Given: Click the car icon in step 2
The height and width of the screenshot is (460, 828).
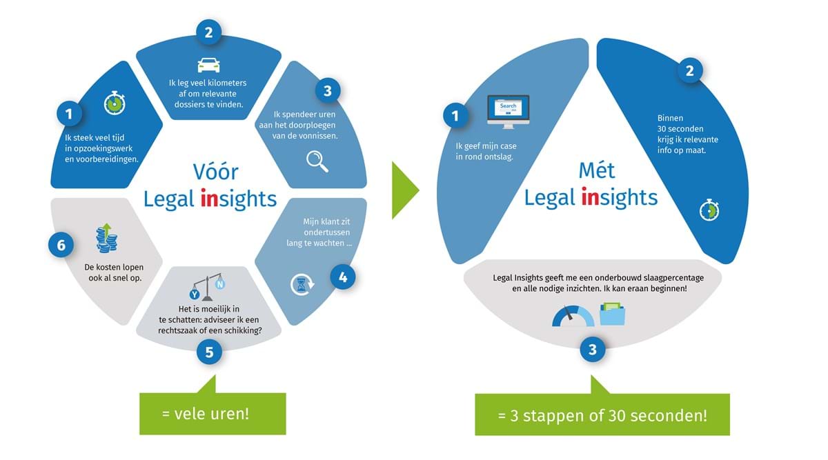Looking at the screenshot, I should [x=208, y=64].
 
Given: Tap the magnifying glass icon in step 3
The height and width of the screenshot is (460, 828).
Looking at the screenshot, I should [x=317, y=161].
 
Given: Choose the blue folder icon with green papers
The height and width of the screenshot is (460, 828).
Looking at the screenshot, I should [x=612, y=314].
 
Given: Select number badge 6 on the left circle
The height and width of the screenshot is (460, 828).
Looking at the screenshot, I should [x=61, y=245].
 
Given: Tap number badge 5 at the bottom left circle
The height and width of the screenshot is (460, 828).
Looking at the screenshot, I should [x=210, y=352].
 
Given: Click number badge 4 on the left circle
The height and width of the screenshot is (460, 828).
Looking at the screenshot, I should [x=342, y=277].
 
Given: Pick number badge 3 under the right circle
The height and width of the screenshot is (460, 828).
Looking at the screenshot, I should [x=592, y=350].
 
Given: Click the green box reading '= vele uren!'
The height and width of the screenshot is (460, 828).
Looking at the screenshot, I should [x=213, y=414].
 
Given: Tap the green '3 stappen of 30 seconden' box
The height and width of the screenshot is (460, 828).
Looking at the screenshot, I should [x=602, y=415].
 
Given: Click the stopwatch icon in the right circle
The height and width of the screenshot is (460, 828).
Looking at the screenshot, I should [x=709, y=210].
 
